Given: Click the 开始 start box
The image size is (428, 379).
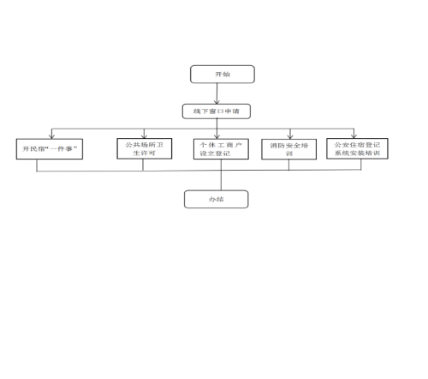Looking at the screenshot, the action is pos(223,75).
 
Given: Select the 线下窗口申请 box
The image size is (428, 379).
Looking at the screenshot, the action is pos(217,111).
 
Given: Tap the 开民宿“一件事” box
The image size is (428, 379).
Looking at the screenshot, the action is pos(50,149).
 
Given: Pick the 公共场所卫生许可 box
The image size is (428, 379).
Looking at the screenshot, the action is pos(145,148).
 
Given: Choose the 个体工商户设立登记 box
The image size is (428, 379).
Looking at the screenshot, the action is pos(221,149).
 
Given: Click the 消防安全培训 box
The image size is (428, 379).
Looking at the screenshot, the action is pos(289,149).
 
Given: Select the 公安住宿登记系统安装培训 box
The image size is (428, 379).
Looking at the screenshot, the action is pos(357,148).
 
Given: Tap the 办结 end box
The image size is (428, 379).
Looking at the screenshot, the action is pos(217,199).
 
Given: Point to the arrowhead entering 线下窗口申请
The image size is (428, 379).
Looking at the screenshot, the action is pos(217,102).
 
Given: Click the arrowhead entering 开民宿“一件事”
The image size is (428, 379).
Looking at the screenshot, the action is pos(51,136).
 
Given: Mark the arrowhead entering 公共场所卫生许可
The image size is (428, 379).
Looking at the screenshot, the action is pos(144,136).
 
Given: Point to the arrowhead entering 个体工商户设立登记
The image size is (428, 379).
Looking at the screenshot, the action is pos(217,136).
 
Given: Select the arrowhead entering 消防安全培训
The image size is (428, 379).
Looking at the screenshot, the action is pos(290,136).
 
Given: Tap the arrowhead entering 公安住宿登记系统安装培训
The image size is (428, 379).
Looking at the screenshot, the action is pos(354,136).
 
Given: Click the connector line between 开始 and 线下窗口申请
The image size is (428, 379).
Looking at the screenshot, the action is pos(217,93).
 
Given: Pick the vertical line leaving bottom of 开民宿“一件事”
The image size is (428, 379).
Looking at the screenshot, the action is pos(37,165).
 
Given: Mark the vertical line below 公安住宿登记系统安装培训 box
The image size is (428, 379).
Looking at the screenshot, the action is pos(361,165).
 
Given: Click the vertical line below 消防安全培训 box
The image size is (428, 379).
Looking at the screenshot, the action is pos(288,165).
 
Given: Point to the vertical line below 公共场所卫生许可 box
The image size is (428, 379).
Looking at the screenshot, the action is pos(143,165).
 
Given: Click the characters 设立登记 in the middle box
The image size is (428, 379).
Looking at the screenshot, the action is pos(215,153).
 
